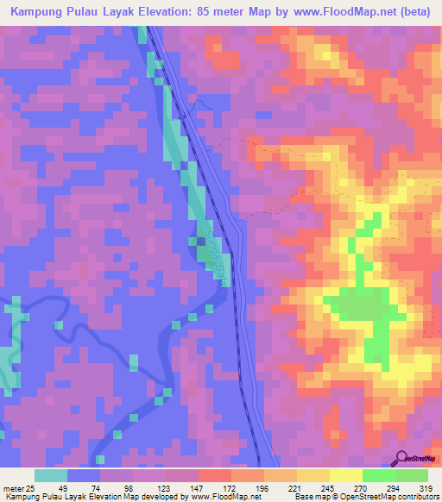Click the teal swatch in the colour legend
[51, 475]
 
